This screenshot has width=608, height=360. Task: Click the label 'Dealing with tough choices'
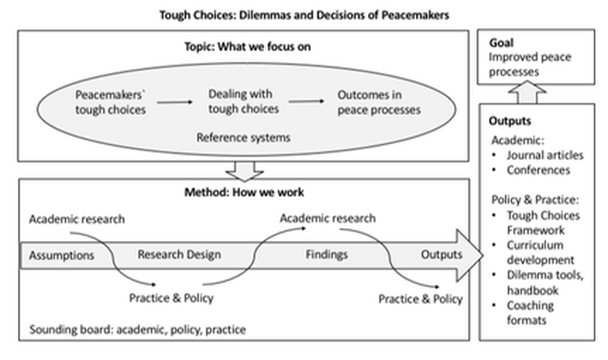[238, 101]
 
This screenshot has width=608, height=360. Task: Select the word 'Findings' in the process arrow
[326, 254]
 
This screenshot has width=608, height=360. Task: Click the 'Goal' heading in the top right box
[501, 42]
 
